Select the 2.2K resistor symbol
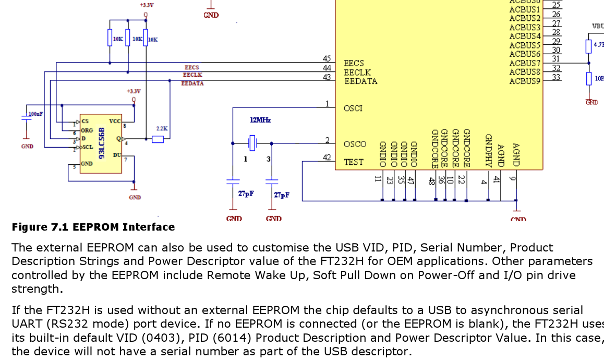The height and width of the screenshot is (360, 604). pyautogui.click(x=158, y=139)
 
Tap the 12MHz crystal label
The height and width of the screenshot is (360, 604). pyautogui.click(x=260, y=120)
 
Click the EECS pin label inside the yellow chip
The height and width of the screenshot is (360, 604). pyautogui.click(x=354, y=64)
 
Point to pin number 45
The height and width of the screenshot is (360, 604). pyautogui.click(x=327, y=58)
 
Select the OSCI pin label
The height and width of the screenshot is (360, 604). pyautogui.click(x=353, y=109)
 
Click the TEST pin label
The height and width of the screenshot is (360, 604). pyautogui.click(x=353, y=162)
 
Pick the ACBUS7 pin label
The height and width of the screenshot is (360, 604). pyautogui.click(x=525, y=63)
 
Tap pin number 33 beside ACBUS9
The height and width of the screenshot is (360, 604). pyautogui.click(x=556, y=77)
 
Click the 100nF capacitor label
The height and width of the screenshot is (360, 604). pyautogui.click(x=35, y=113)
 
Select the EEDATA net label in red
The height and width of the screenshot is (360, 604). pyautogui.click(x=192, y=83)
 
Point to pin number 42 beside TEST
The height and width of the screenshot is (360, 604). pyautogui.click(x=327, y=158)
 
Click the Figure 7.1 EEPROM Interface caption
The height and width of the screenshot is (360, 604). pyautogui.click(x=93, y=227)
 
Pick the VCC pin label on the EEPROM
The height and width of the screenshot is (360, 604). pyautogui.click(x=115, y=121)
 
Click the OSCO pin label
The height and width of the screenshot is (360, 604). pyautogui.click(x=355, y=144)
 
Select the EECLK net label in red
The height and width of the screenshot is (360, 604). pyautogui.click(x=192, y=75)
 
